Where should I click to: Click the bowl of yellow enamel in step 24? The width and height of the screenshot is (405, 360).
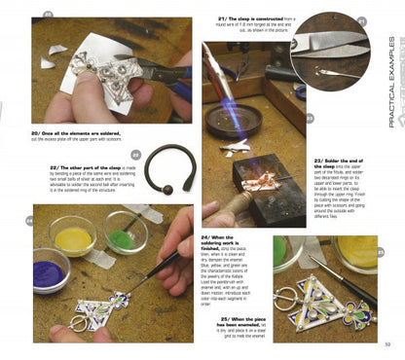(73, 235)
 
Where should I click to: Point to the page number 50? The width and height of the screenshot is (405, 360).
(387, 342)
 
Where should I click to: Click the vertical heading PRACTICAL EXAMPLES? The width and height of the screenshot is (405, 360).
(391, 82)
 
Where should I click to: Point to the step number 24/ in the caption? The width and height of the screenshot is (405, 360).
(206, 236)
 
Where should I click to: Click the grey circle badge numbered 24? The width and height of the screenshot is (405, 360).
(32, 220)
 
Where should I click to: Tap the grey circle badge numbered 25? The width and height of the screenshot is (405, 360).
(381, 250)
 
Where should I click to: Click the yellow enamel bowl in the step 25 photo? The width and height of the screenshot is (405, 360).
(357, 251)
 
